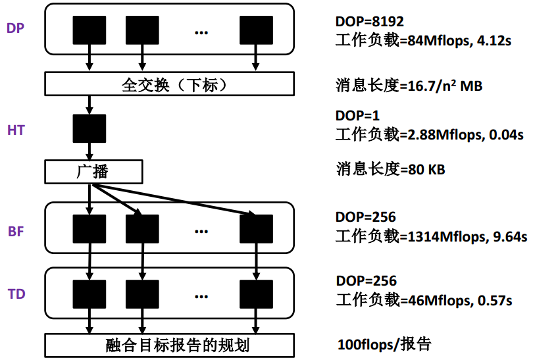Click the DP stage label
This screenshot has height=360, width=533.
click(x=16, y=29)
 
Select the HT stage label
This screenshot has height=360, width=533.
click(x=16, y=130)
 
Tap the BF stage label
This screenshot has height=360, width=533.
click(x=16, y=231)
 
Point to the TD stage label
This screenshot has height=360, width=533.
click(x=16, y=294)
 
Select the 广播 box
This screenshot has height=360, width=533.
click(x=93, y=172)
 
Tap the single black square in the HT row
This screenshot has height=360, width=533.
click(x=89, y=129)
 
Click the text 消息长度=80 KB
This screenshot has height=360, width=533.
click(x=390, y=170)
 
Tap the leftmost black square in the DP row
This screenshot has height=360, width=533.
click(x=89, y=31)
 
